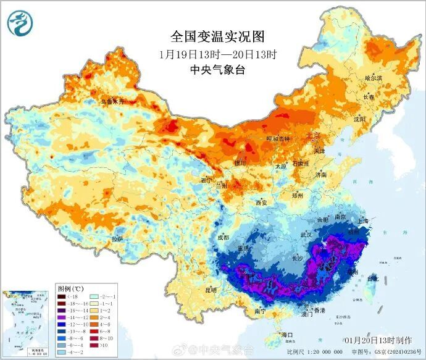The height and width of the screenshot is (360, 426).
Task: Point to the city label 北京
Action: tap(314, 135)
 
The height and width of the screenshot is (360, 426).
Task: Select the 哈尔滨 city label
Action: tap(374, 78)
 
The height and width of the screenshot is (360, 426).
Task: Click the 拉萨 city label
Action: tap(117, 238)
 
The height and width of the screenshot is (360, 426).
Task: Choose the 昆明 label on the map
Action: tap(212, 289)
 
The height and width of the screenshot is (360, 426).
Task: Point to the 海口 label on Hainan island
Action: tap(286, 335)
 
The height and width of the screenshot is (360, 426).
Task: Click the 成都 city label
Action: tap(223, 237)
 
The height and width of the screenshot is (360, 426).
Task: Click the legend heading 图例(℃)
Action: tap(71, 288)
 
